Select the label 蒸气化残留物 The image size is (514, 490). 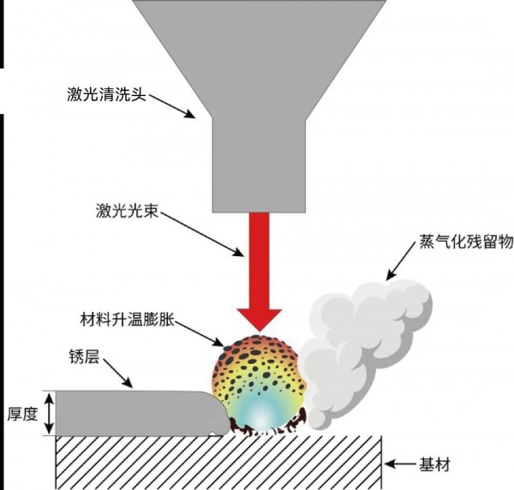[x=463, y=243]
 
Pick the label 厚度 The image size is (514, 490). [x=21, y=413]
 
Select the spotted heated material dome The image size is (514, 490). [x=257, y=381]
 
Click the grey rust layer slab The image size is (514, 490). [x=128, y=413]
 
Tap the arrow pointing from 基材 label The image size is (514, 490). [x=399, y=465]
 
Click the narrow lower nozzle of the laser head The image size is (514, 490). [x=260, y=163]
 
